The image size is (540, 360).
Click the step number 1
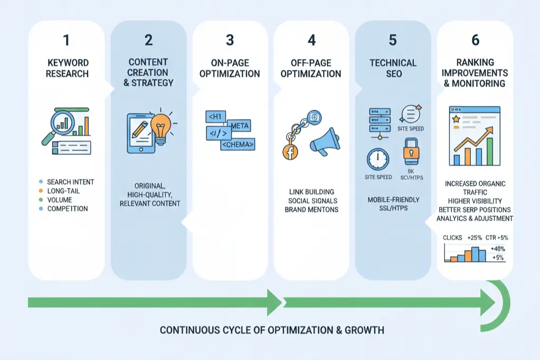coord(67,40)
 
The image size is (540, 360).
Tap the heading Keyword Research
coord(67,68)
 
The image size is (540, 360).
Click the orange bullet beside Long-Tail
coord(41,191)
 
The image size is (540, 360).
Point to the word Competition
coord(68,209)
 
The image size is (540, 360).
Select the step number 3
coord(230,40)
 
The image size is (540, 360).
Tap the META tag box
coord(238,126)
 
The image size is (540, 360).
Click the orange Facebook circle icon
coord(290,153)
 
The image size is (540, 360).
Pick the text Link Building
coord(311,192)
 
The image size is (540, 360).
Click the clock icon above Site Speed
coord(378,159)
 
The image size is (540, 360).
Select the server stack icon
coord(380,120)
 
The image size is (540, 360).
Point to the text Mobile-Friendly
coord(393,200)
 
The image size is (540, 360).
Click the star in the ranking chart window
coord(456,119)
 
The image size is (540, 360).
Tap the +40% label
coord(497,248)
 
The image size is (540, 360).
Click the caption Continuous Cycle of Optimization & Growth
coord(272,331)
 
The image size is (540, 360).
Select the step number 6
coord(475,40)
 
